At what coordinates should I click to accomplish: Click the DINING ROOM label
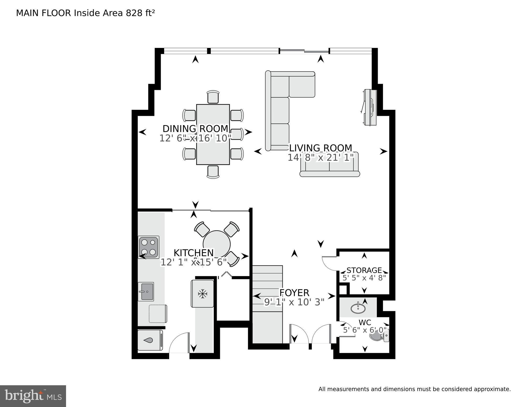click(x=195, y=129)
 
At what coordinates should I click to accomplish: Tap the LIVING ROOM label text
click(x=321, y=148)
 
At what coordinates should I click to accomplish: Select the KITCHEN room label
click(x=194, y=253)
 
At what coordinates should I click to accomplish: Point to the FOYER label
click(x=294, y=293)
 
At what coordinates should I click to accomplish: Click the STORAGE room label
click(x=364, y=270)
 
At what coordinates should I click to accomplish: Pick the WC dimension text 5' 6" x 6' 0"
click(x=365, y=330)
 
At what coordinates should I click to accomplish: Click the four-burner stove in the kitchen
click(x=149, y=247)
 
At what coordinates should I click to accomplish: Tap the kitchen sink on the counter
click(x=146, y=292)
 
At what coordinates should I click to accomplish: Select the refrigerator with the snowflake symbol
click(x=202, y=294)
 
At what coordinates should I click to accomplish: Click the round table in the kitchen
click(x=217, y=244)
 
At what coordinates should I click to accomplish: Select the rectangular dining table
click(x=213, y=134)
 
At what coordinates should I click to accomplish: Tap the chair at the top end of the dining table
click(x=213, y=97)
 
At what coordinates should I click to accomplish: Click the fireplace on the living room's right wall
click(x=370, y=107)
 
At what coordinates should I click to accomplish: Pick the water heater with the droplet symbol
click(x=150, y=340)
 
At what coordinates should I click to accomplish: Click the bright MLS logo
click(x=33, y=396)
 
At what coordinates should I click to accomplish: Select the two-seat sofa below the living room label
click(x=330, y=164)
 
